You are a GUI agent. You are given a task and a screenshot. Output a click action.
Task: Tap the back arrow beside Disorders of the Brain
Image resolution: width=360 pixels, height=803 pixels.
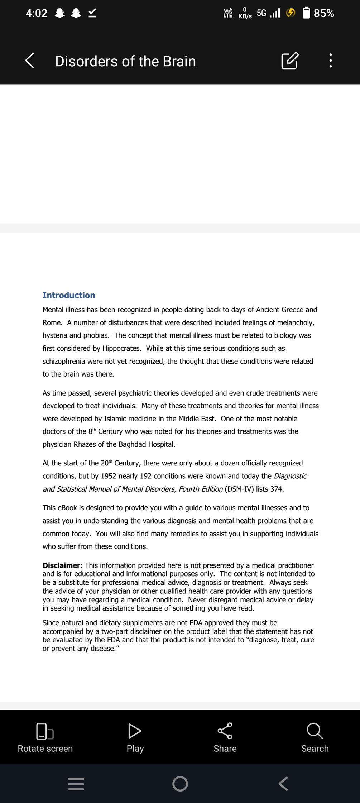pos(30,61)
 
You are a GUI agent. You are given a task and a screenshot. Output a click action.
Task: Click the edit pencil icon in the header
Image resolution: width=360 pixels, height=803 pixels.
pos(289,61)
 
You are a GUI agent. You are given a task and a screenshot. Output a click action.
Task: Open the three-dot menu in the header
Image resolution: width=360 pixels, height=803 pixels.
pos(330,61)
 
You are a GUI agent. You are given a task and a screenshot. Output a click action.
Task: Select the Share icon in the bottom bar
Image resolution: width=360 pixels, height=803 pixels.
pos(225,731)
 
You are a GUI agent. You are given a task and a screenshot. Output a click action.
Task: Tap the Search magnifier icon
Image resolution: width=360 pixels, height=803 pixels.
pos(315,731)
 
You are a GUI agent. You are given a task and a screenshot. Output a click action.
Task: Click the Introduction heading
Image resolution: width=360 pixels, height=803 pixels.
pos(69,295)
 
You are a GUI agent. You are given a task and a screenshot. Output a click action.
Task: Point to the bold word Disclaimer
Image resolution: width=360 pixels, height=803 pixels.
pos(61,565)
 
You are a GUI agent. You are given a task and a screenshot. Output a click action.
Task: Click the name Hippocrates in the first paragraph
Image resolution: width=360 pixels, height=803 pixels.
pos(121,348)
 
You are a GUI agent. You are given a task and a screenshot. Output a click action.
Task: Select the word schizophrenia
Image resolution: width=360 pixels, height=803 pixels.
pos(64,361)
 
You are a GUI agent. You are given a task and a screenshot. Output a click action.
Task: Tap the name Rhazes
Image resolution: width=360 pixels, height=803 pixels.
pos(85,444)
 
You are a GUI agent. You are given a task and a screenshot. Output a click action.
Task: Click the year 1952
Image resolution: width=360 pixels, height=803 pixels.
pos(109,476)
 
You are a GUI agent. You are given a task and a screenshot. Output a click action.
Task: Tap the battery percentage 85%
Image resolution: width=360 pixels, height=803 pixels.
pos(324,13)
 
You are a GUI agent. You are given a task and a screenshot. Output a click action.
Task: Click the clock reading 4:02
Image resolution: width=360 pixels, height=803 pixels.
pos(37,13)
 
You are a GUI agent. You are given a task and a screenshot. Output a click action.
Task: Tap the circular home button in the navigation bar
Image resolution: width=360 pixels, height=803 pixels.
pos(180,784)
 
